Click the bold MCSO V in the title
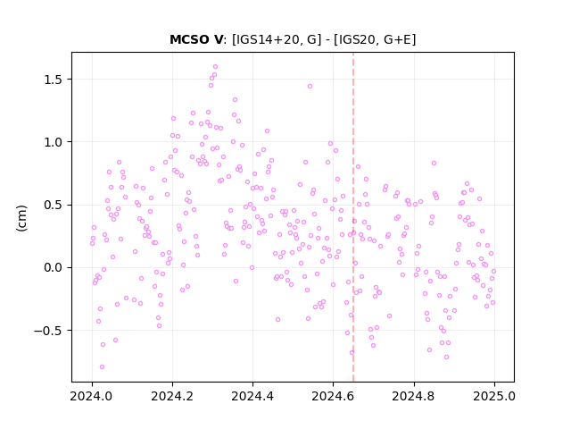pos(196,39)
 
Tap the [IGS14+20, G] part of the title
pos(277,39)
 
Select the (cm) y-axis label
pos(21,218)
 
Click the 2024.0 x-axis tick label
pos(92,396)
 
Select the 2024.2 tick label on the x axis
pos(172,396)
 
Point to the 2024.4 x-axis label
pos(252,396)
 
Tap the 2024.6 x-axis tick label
pos(333,396)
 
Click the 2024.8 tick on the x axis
pos(414,396)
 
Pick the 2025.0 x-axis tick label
pos(494,396)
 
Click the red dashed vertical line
pos(353,217)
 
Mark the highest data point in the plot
pos(215,67)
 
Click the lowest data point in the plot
pos(102,367)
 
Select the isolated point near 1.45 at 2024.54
pos(310,87)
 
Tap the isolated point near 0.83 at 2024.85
pos(434,163)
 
